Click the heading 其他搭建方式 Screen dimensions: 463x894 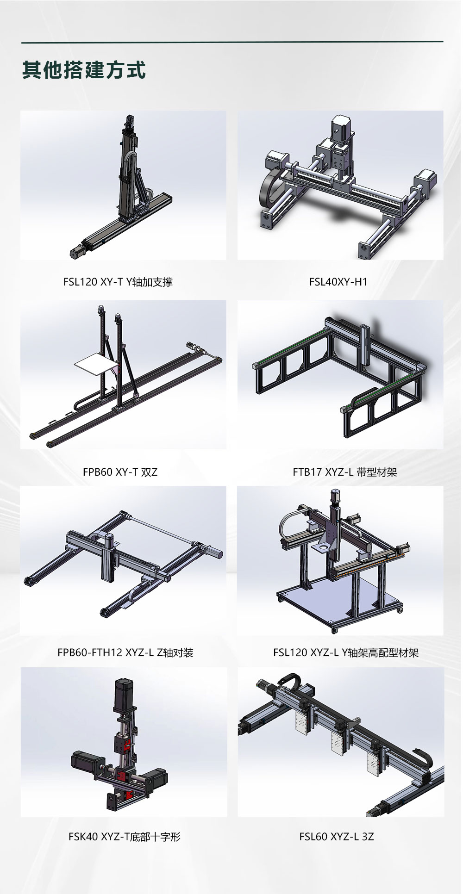pos(84,70)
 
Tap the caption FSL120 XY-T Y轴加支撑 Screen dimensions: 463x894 pos(118,282)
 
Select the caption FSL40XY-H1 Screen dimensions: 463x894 pos(338,282)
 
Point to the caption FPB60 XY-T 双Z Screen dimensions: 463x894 pos(120,472)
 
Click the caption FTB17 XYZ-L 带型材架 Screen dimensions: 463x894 pos(345,472)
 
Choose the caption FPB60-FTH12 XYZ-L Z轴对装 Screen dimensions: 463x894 pos(125,652)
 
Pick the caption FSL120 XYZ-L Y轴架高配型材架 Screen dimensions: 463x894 pos(346,652)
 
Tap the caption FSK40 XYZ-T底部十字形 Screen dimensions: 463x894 pos(125,836)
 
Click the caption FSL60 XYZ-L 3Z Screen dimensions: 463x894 pos(337,836)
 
